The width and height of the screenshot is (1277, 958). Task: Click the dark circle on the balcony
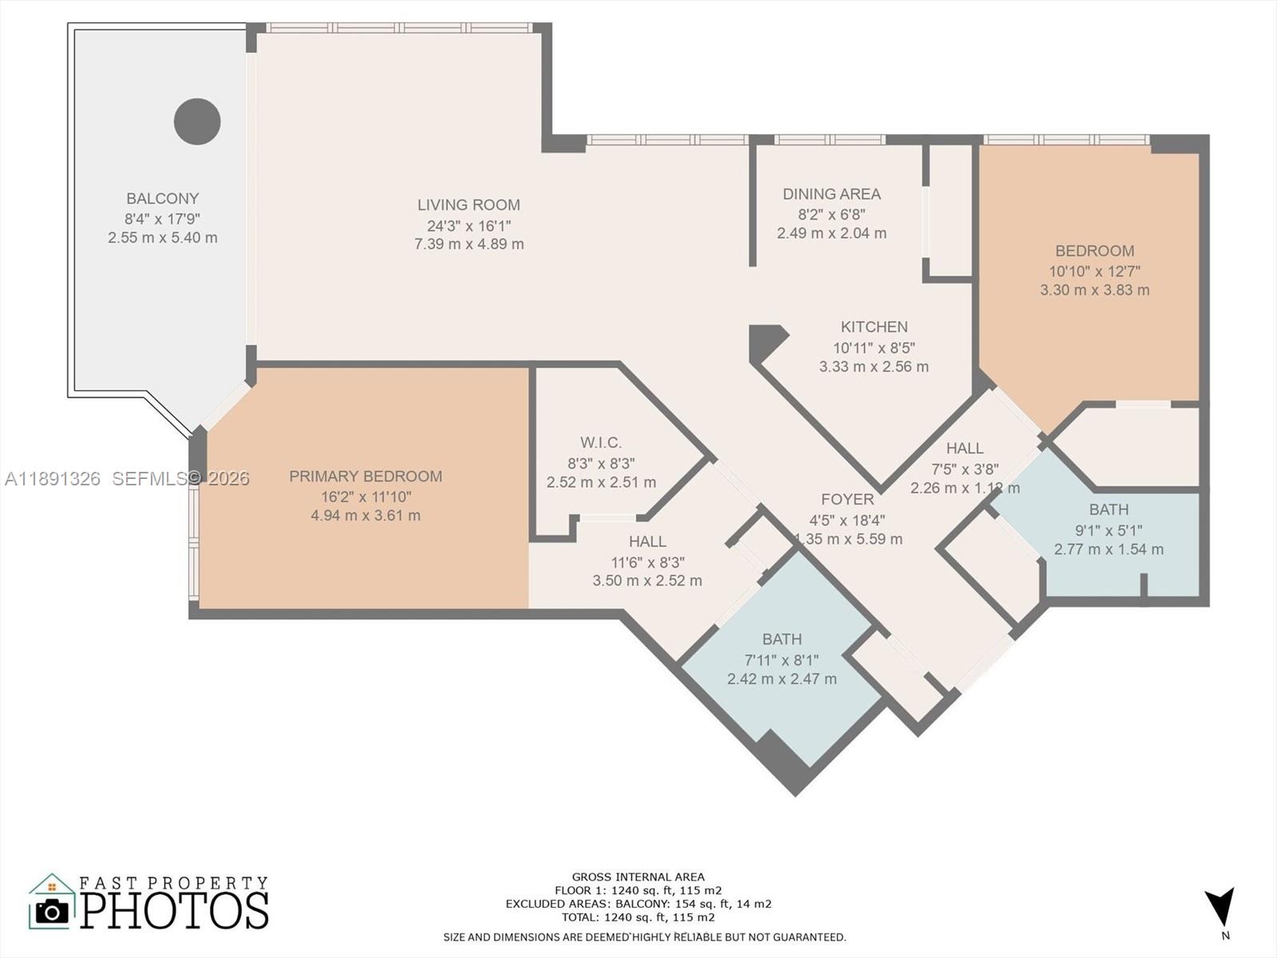click(x=197, y=121)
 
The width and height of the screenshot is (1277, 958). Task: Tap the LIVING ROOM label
click(x=468, y=205)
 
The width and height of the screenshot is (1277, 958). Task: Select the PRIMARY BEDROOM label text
click(x=366, y=477)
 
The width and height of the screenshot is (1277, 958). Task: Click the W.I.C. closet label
click(x=601, y=442)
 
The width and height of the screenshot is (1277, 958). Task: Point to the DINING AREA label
click(x=832, y=194)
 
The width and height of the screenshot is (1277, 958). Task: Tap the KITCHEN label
click(x=874, y=327)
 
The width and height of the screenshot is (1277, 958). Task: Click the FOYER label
click(x=848, y=499)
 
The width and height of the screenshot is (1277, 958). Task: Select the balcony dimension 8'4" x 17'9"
click(x=162, y=219)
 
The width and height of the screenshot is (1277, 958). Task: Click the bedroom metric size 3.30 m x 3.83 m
click(x=1094, y=291)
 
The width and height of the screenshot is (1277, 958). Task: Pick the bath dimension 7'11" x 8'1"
click(x=781, y=660)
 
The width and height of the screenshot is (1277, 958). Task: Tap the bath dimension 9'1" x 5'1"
click(x=1109, y=530)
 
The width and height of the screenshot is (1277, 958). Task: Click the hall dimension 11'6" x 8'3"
click(x=647, y=562)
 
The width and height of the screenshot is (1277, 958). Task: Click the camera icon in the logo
click(x=53, y=911)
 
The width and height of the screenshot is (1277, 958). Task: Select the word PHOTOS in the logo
click(x=175, y=911)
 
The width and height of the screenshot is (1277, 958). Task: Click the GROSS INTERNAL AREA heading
click(x=638, y=877)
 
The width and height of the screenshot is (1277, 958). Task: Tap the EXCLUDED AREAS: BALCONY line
click(x=638, y=904)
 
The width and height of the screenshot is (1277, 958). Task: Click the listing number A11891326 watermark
click(x=53, y=478)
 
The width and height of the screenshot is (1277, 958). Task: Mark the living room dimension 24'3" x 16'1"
click(x=468, y=226)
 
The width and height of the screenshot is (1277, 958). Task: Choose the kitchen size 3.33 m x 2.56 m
click(x=874, y=367)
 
